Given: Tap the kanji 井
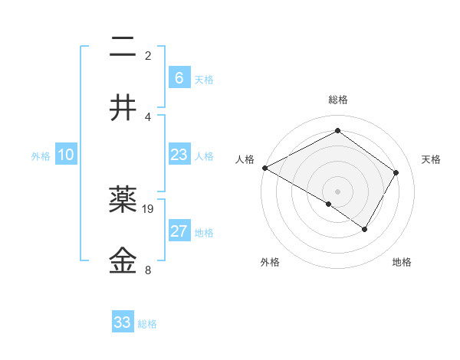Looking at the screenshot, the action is coord(123,108).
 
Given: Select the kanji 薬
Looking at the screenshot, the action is coord(123,201).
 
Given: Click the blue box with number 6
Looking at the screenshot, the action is coord(179,77).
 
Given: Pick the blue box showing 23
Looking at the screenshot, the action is coord(179,155).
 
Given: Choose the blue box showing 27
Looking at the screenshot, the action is coord(179,231).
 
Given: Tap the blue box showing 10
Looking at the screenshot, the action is coord(66,155).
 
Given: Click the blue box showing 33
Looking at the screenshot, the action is coord(123,322).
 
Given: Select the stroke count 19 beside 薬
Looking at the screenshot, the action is coord(148,208).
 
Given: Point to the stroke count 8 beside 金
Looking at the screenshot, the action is coord(147,270).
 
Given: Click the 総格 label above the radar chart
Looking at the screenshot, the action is coord(337,100).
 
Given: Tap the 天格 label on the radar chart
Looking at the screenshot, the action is coord(432,159).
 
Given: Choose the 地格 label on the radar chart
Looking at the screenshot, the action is coord(402,263).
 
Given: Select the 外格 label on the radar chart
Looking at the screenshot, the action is coord(270,263).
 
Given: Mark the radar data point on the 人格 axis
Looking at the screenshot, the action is coord(264,168).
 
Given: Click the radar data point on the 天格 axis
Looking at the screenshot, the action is coord(396,172).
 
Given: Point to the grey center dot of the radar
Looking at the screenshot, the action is coord(337,191).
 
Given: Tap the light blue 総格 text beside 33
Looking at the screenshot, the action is coord(147,324).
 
